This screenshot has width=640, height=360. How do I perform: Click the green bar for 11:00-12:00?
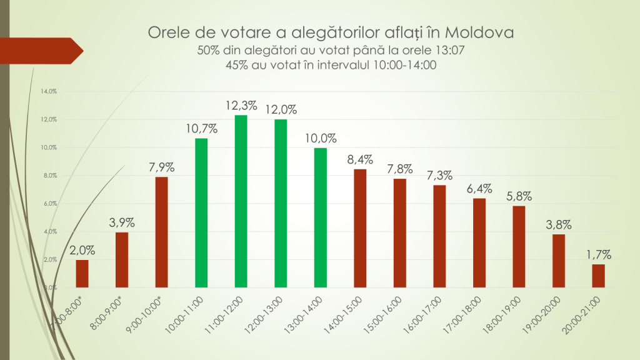click(241, 201)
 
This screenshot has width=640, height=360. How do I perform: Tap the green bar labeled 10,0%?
click(321, 217)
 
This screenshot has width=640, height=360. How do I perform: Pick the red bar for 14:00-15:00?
click(360, 228)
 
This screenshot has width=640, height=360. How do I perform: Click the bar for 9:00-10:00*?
click(161, 232)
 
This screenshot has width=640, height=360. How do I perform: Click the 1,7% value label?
click(598, 254)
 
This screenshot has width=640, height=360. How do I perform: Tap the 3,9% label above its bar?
click(122, 222)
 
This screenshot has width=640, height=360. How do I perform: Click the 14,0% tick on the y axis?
click(49, 91)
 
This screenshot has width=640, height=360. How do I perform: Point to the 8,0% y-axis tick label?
click(50, 176)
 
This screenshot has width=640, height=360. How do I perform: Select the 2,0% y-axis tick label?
click(50, 259)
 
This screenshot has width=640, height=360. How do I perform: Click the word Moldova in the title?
click(483, 32)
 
